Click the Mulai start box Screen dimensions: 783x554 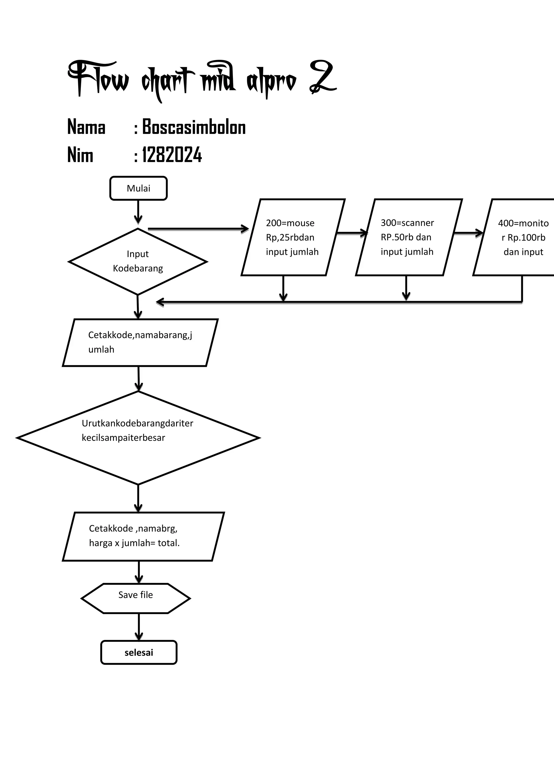tap(138, 188)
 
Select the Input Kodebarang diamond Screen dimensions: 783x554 tap(138, 261)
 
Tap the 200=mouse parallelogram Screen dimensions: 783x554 tap(293, 237)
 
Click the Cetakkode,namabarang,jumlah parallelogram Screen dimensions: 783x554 tap(140, 342)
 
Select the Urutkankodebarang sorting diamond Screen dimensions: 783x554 tap(138, 437)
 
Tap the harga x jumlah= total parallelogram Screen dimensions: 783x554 tap(143, 536)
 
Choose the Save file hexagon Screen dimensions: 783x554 tap(136, 599)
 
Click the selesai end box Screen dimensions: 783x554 tap(138, 652)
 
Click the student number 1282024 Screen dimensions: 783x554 tap(172, 155)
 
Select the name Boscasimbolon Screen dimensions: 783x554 tap(193, 127)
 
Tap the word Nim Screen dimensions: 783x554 tap(80, 155)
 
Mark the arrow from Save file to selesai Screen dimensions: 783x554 tap(138, 627)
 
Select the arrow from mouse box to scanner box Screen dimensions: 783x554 tap(351, 233)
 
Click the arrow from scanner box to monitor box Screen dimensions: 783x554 tap(468, 233)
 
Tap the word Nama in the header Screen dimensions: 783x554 tap(86, 127)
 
